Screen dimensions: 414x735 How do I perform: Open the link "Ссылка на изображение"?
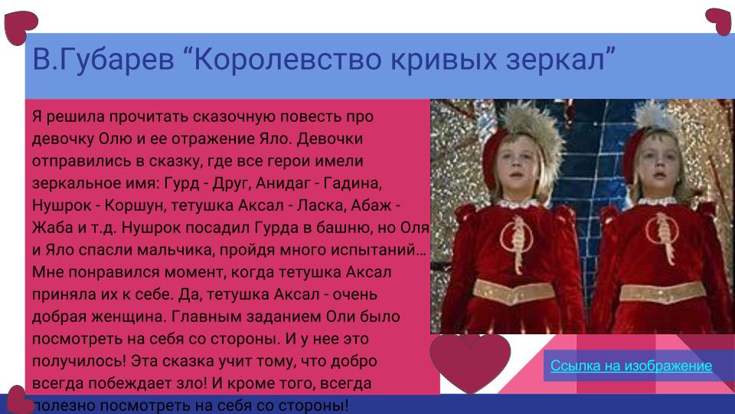point(631,366)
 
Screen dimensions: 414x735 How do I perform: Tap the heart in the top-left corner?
point(20,27)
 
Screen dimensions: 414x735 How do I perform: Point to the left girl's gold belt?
point(513,291)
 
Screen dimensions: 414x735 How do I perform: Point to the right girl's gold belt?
point(661,292)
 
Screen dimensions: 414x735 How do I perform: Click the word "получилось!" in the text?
point(78,360)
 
